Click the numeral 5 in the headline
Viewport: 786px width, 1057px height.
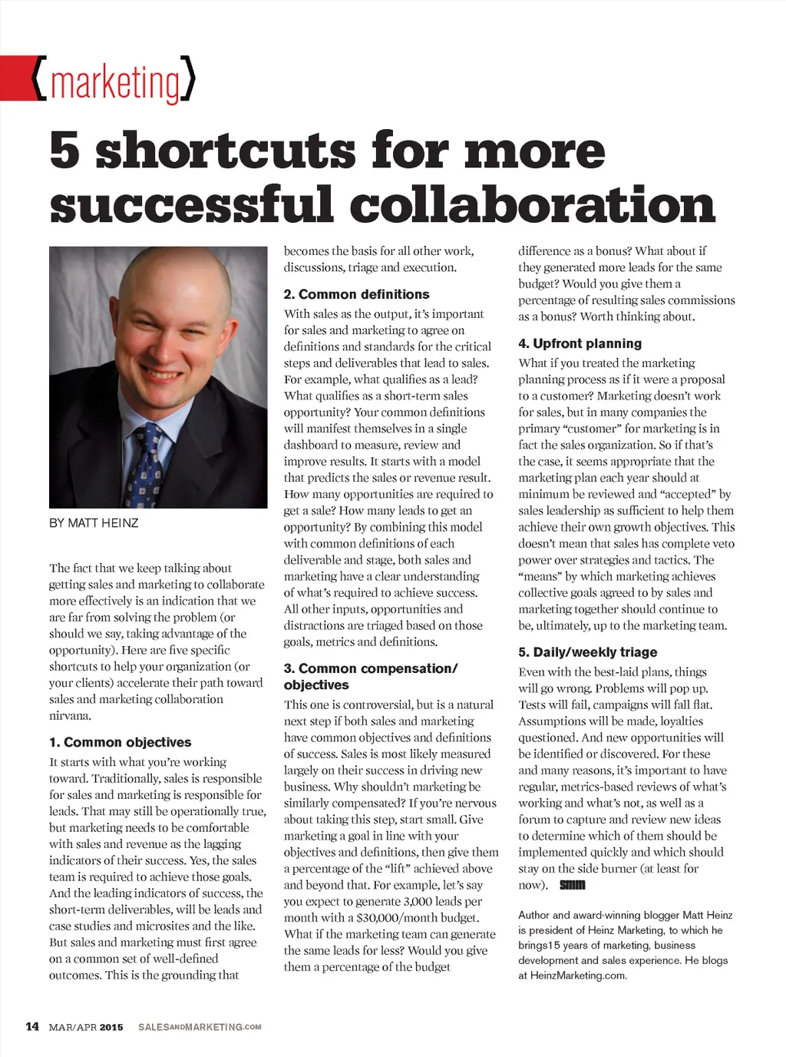click(x=64, y=151)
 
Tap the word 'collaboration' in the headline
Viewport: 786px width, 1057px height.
click(x=533, y=205)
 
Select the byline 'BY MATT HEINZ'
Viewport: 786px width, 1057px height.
click(x=94, y=523)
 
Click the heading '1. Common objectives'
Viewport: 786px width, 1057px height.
click(x=120, y=742)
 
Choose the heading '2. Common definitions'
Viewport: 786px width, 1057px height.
click(x=356, y=294)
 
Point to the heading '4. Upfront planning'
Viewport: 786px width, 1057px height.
click(x=580, y=343)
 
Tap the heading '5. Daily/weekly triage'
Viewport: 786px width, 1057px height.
click(x=587, y=652)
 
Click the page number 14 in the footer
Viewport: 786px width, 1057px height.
click(x=32, y=1026)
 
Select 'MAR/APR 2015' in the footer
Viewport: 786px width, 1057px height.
click(x=85, y=1027)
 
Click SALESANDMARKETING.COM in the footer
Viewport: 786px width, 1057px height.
click(x=200, y=1027)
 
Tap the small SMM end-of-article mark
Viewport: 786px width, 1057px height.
click(x=573, y=885)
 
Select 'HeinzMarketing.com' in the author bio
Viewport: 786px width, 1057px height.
click(x=577, y=976)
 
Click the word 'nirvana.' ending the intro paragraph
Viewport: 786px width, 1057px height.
click(x=71, y=716)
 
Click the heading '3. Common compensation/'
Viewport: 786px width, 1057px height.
click(x=371, y=668)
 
